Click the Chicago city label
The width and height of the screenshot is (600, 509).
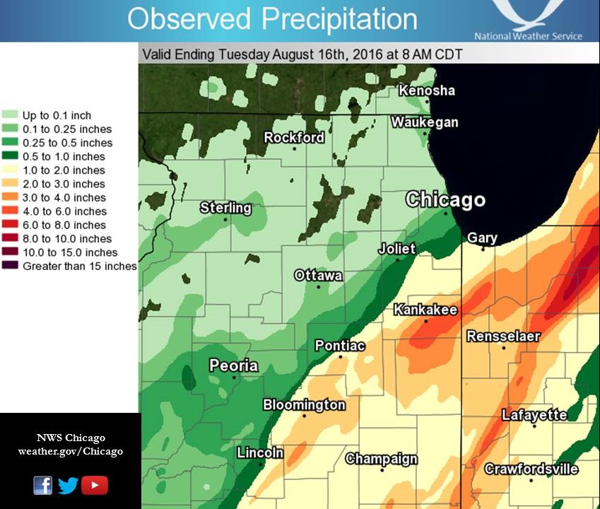click(445, 200)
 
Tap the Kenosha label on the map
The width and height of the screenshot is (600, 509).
click(426, 90)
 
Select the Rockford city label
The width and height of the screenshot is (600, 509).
click(294, 137)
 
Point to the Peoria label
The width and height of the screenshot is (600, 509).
click(233, 365)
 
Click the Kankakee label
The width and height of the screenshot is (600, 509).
click(425, 310)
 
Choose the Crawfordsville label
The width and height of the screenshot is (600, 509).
click(531, 469)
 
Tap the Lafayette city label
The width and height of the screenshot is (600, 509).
click(534, 415)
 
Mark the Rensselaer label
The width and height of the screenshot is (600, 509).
click(503, 336)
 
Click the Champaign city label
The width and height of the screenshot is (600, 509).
click(382, 459)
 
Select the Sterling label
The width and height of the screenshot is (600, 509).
click(225, 207)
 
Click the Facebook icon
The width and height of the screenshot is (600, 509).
click(42, 485)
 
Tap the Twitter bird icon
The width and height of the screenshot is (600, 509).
click(68, 485)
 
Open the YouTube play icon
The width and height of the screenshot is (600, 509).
click(95, 485)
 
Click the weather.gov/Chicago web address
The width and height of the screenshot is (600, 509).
click(70, 451)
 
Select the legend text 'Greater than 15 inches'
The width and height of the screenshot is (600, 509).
click(79, 267)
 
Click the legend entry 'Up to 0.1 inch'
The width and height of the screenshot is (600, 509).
click(57, 115)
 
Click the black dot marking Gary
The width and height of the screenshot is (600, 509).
click(483, 249)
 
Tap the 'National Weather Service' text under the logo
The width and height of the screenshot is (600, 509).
click(528, 36)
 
